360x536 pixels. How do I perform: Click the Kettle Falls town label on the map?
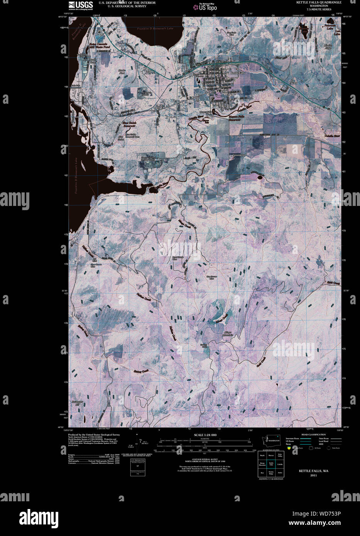click(x=237, y=72)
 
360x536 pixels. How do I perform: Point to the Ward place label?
click(x=294, y=83)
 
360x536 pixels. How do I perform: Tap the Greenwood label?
click(x=240, y=155)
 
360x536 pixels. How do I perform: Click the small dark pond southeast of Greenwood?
click(x=260, y=178)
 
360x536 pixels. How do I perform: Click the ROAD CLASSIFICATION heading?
click(x=314, y=435)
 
